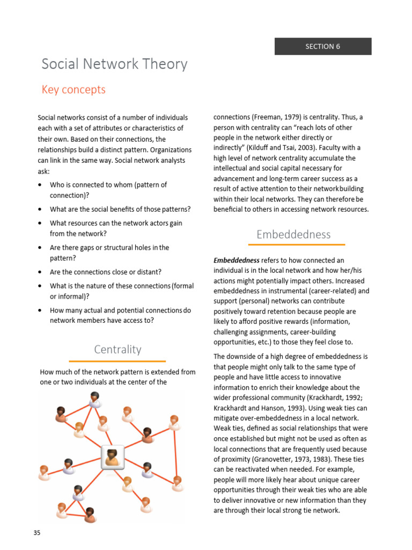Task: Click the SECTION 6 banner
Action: (x=323, y=46)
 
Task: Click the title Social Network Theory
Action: (x=115, y=64)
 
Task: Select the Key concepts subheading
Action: (x=73, y=90)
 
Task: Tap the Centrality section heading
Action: (x=117, y=350)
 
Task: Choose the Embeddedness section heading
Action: (x=293, y=234)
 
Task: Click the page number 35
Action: (x=36, y=533)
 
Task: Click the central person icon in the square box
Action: (x=113, y=457)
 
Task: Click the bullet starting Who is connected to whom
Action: (x=108, y=185)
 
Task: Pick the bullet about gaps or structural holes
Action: (x=109, y=248)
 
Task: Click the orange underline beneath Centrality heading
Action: (x=117, y=361)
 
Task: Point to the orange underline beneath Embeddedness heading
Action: (x=293, y=245)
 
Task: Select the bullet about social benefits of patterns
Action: (x=120, y=209)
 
